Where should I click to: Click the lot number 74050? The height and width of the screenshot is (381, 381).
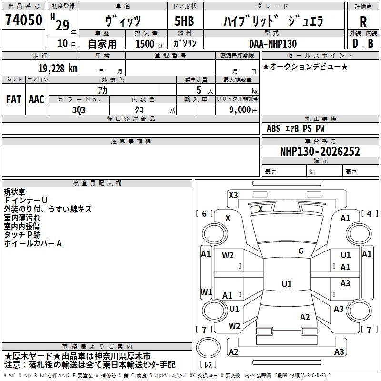click(24, 20)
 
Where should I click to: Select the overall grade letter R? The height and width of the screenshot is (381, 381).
click(363, 22)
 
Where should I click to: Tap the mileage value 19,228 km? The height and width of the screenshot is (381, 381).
click(58, 69)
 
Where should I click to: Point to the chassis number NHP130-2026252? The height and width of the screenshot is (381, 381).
click(320, 151)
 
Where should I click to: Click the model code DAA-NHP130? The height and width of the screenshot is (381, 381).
click(273, 44)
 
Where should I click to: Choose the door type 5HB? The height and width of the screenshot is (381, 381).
click(184, 21)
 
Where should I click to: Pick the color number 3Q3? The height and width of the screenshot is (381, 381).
click(79, 110)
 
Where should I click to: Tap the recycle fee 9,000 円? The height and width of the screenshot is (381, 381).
click(243, 110)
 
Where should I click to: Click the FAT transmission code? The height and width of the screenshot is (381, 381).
click(14, 100)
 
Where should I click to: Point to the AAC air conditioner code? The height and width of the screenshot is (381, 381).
click(37, 100)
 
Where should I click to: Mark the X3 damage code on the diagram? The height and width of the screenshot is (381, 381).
click(233, 195)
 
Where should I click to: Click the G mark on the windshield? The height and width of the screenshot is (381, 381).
click(301, 251)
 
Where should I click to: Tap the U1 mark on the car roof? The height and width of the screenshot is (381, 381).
click(287, 284)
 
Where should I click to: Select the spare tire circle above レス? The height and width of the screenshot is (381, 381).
click(208, 347)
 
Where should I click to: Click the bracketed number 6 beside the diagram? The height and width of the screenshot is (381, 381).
click(204, 213)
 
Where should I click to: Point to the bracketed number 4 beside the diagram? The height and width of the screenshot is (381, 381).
click(369, 213)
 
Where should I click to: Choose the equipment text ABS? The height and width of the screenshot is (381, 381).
click(273, 129)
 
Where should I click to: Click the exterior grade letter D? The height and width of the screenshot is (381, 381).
click(355, 43)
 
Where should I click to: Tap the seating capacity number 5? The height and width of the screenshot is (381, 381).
click(199, 90)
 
